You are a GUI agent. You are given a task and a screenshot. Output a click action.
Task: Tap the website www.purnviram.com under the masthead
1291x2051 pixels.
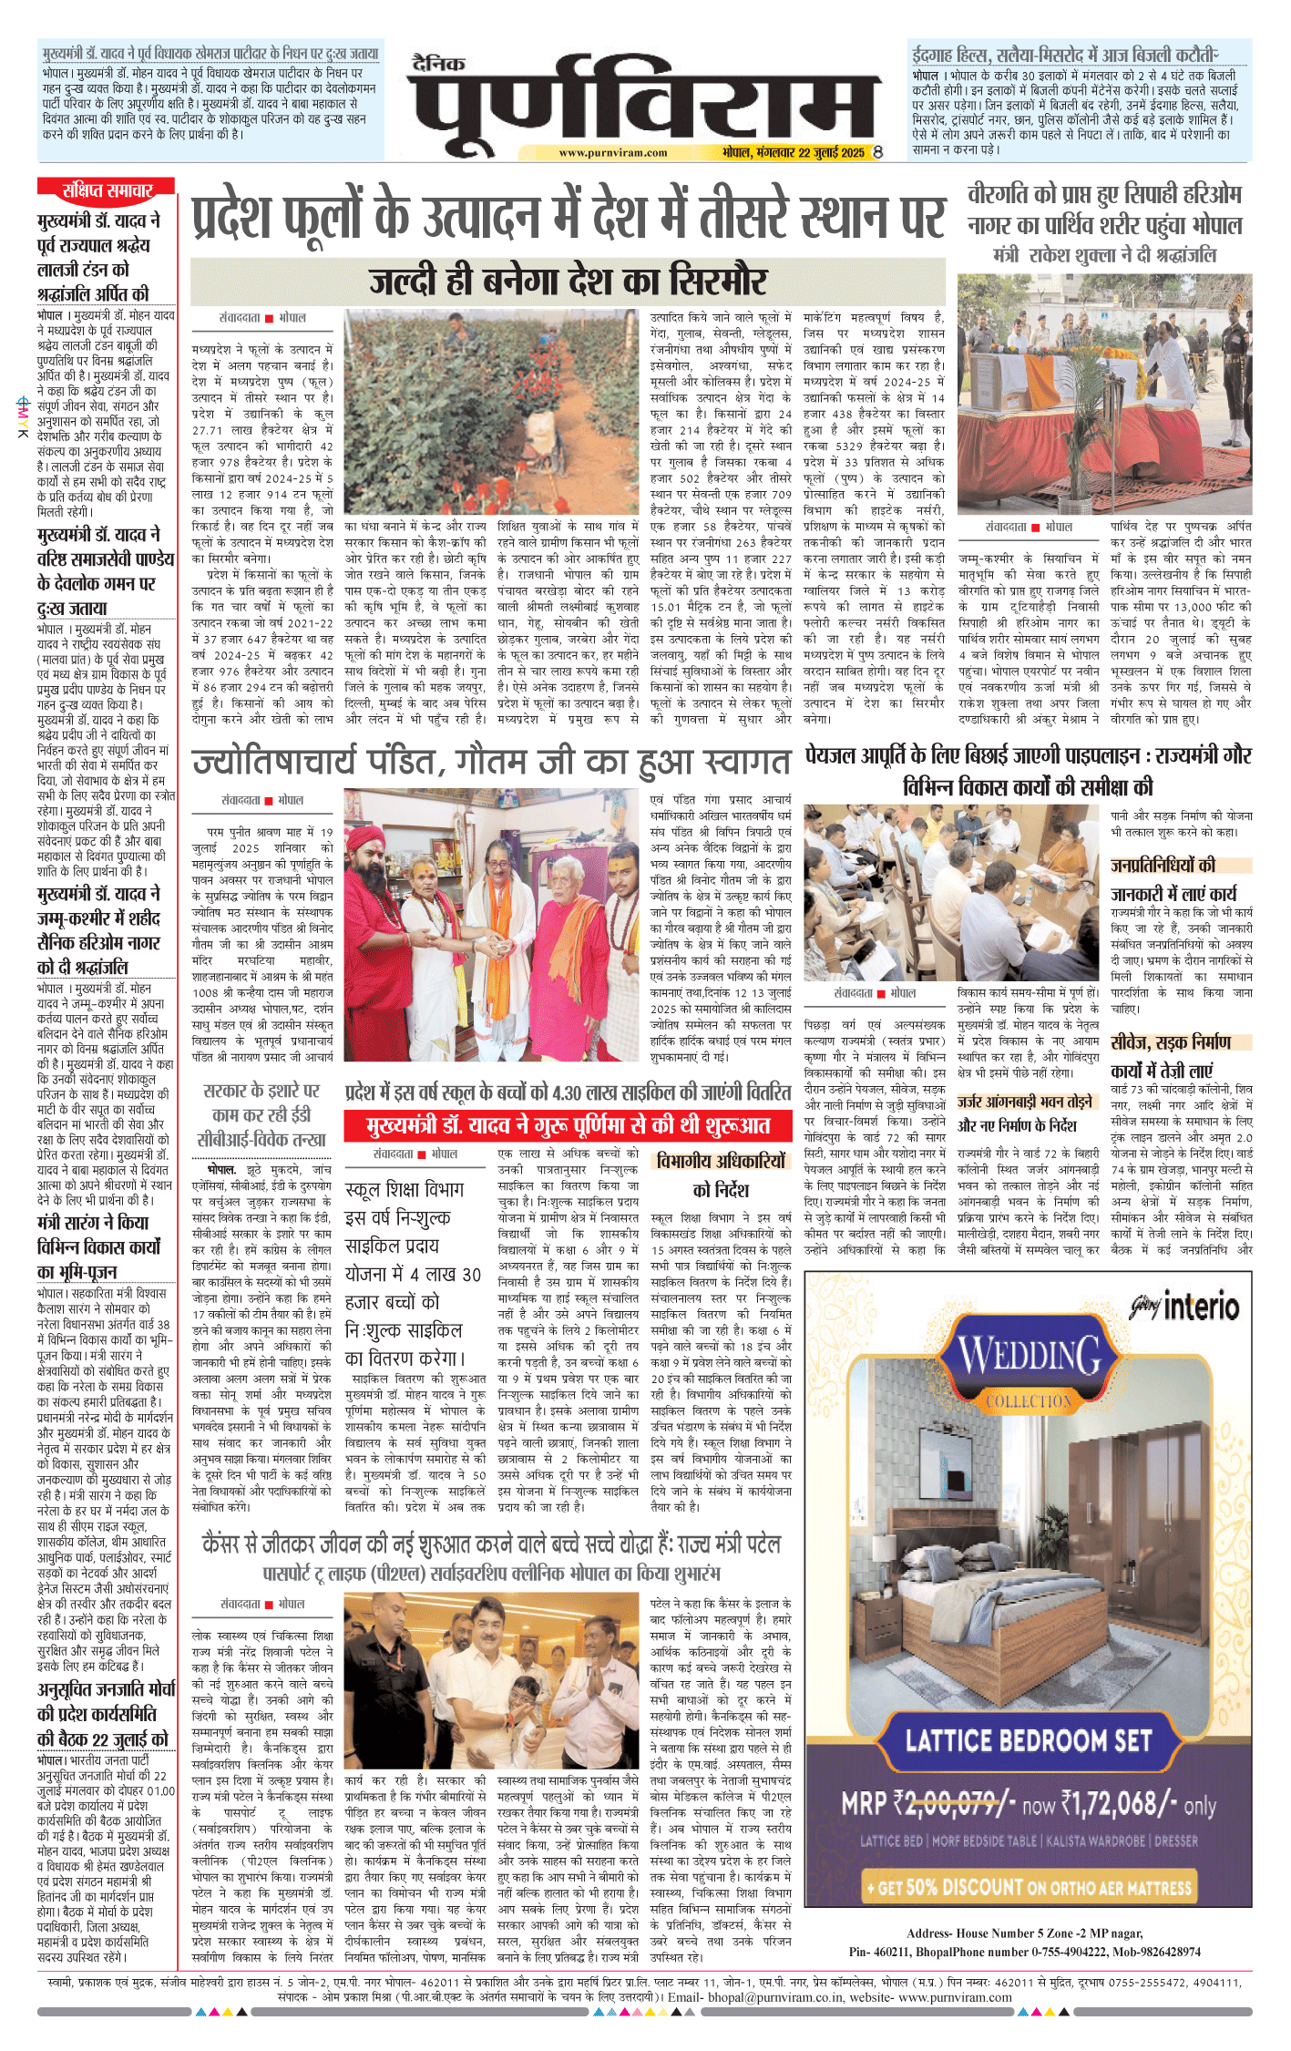pyautogui.click(x=612, y=153)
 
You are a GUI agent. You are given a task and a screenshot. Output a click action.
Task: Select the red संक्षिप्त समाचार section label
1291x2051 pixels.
pyautogui.click(x=107, y=190)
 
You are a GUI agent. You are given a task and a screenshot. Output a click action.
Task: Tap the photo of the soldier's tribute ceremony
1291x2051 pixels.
pyautogui.click(x=1104, y=394)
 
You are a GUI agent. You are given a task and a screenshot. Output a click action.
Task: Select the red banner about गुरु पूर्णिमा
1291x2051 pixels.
pyautogui.click(x=568, y=1126)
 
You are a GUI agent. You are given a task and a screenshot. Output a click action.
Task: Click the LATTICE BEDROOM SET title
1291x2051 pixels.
pyautogui.click(x=1029, y=1741)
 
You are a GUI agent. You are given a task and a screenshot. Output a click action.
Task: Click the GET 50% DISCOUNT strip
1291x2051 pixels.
pyautogui.click(x=1029, y=1887)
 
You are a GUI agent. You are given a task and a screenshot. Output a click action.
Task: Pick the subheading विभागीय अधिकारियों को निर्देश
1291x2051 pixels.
pyautogui.click(x=720, y=1175)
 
